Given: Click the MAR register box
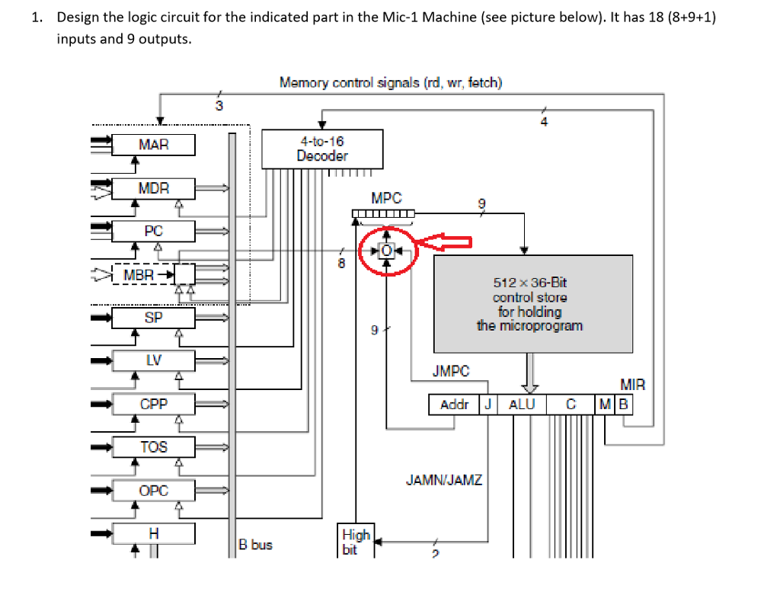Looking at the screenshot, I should point(153,145).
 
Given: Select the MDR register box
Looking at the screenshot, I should point(153,188).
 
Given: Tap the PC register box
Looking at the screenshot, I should point(153,231).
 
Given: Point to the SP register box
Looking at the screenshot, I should point(153,318).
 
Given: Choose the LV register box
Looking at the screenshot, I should point(153,360).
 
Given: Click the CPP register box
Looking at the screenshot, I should point(153,404).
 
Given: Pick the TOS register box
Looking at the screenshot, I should point(153,447).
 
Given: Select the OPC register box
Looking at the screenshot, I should point(153,491).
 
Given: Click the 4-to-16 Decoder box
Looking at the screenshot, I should point(323,149).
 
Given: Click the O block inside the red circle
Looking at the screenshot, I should point(387,250).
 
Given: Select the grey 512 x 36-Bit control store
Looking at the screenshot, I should point(532,304).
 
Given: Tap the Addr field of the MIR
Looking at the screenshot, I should point(454,405).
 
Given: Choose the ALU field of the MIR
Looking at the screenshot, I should point(521,405).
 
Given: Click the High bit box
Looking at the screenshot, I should point(356,541).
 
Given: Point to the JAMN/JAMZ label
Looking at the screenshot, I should point(443,481).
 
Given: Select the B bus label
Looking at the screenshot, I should point(255,545).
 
